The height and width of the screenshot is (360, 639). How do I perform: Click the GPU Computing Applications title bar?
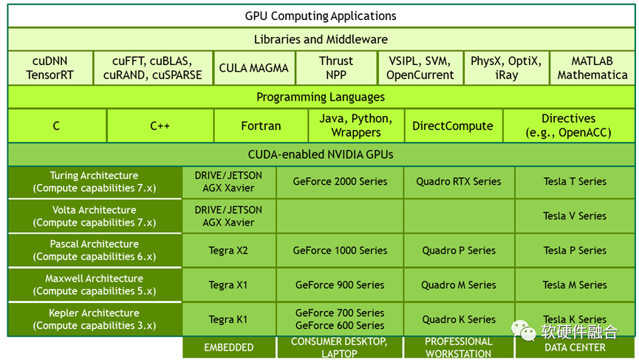pyautogui.click(x=321, y=16)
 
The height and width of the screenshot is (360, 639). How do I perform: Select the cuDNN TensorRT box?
pyautogui.click(x=50, y=68)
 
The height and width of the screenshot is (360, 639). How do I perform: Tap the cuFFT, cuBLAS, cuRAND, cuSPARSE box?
pyautogui.click(x=153, y=68)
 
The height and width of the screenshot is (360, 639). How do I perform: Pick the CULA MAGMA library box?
pyautogui.click(x=254, y=68)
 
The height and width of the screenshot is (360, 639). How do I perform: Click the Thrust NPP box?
pyautogui.click(x=336, y=68)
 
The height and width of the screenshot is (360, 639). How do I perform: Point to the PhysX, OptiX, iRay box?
pyautogui.click(x=506, y=68)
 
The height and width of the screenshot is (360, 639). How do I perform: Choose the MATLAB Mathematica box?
pyautogui.click(x=592, y=68)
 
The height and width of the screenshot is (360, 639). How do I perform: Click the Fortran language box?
pyautogui.click(x=261, y=126)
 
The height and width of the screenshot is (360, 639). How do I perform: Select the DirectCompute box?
pyautogui.click(x=452, y=126)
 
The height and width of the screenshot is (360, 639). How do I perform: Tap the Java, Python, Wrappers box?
pyautogui.click(x=355, y=126)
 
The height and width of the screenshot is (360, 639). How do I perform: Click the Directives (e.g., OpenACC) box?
pyautogui.click(x=568, y=126)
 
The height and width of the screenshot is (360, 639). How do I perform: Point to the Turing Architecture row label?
pyautogui.click(x=95, y=182)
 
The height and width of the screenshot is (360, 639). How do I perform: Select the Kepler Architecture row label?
pyautogui.click(x=95, y=319)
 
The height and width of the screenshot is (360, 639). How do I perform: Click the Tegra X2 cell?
pyautogui.click(x=228, y=251)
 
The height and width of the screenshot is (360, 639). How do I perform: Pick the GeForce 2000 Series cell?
pyautogui.click(x=340, y=182)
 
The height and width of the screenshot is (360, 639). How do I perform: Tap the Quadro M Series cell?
pyautogui.click(x=459, y=285)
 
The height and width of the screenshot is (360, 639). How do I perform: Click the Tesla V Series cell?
pyautogui.click(x=575, y=216)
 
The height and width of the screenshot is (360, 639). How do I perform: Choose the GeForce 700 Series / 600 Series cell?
pyautogui.click(x=340, y=319)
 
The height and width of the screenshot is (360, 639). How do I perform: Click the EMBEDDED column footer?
pyautogui.click(x=229, y=347)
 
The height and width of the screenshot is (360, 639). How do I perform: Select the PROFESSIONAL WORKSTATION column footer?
pyautogui.click(x=459, y=347)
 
